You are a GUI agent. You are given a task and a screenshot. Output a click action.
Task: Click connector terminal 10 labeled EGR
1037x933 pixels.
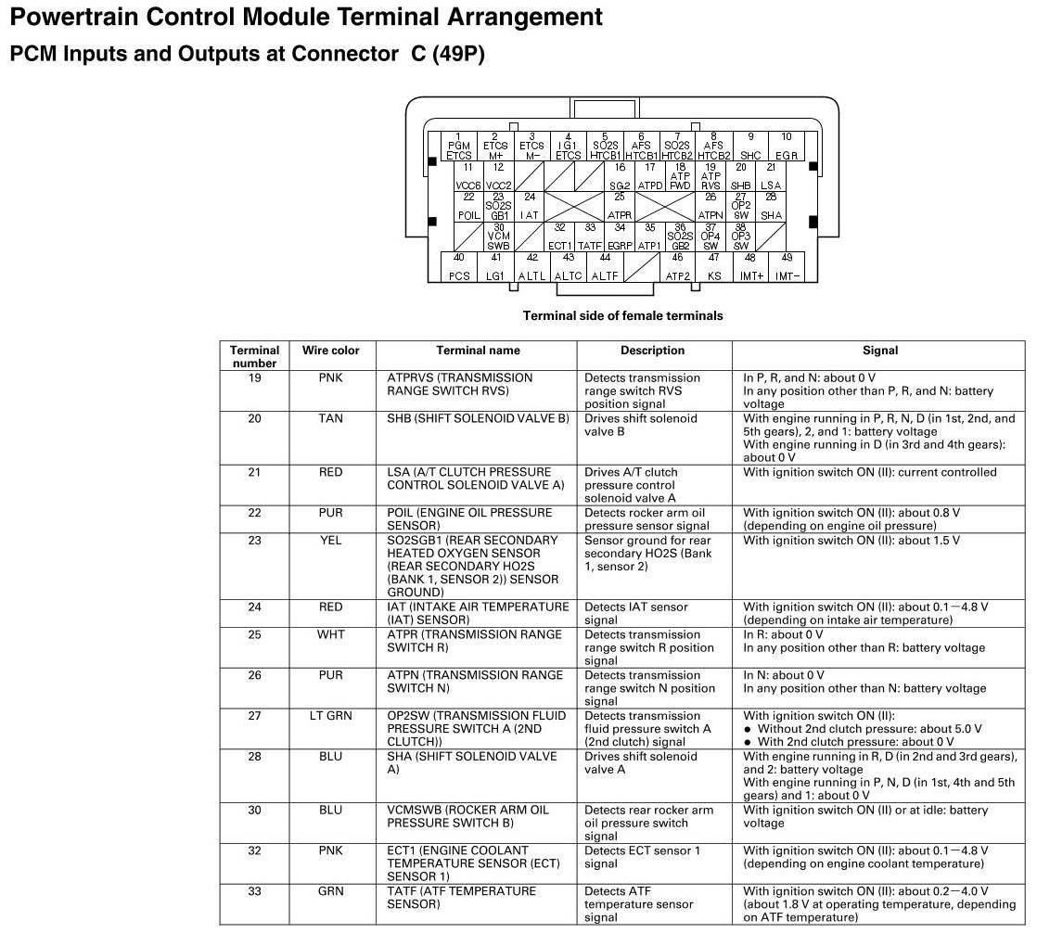[x=787, y=147]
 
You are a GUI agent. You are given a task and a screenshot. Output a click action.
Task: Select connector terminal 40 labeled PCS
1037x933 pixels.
[x=459, y=267]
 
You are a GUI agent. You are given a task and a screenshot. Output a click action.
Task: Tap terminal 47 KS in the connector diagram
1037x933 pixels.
[x=714, y=267]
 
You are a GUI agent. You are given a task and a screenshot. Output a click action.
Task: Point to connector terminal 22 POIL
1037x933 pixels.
[x=468, y=207]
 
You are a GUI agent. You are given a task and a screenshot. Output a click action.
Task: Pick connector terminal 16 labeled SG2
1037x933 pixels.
[x=620, y=177]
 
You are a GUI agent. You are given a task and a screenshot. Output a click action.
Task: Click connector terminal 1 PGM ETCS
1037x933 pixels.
[x=458, y=147]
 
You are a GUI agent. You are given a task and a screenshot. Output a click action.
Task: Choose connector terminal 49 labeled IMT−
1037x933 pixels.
[x=787, y=267]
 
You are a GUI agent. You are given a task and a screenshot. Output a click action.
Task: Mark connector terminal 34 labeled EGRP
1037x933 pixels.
[x=620, y=236]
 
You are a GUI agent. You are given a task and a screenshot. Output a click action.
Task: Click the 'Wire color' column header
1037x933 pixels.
[x=330, y=351]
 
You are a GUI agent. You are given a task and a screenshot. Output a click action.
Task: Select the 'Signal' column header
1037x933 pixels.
[x=879, y=351]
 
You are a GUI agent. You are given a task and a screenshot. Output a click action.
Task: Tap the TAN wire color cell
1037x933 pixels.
[x=330, y=419]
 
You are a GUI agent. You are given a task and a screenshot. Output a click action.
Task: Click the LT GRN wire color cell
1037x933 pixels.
[x=330, y=716]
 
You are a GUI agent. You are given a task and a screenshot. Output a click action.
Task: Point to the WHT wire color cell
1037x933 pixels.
[x=330, y=635]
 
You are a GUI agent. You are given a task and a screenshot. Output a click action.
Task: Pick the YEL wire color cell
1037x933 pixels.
[x=330, y=541]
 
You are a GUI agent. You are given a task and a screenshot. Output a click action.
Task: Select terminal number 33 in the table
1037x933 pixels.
[x=254, y=892]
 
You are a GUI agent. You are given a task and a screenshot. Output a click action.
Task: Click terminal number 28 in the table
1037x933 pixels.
[x=254, y=757]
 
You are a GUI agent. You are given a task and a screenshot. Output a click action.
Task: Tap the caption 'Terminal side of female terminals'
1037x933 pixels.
[x=622, y=316]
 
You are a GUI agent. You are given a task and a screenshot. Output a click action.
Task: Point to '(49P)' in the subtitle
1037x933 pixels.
[x=458, y=54]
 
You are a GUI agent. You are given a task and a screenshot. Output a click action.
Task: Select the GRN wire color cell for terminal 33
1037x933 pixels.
[x=330, y=892]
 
